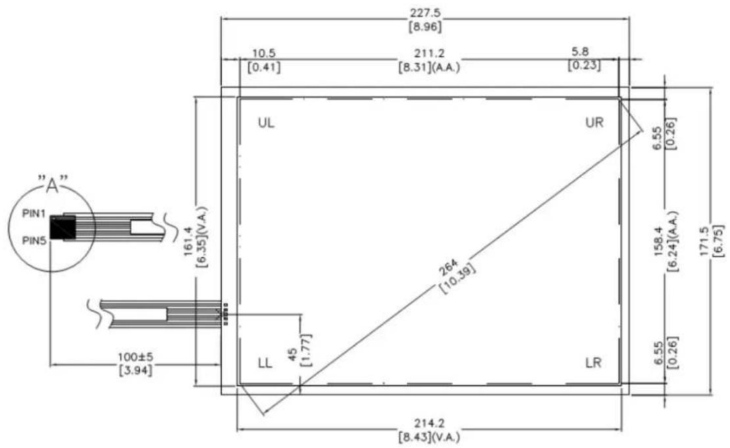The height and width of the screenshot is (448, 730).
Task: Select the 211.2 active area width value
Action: pyautogui.click(x=429, y=53)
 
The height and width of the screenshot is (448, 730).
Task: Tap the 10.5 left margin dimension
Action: pyautogui.click(x=263, y=53)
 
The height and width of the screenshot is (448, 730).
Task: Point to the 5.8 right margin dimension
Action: pyautogui.click(x=580, y=51)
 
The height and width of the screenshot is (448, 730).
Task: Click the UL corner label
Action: pyautogui.click(x=266, y=123)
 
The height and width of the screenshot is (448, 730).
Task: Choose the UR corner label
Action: pyautogui.click(x=594, y=122)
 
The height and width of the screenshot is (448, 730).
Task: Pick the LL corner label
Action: pyautogui.click(x=265, y=363)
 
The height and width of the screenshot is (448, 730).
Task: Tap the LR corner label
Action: pyautogui.click(x=593, y=362)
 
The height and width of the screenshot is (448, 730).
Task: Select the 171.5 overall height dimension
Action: pyautogui.click(x=704, y=241)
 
